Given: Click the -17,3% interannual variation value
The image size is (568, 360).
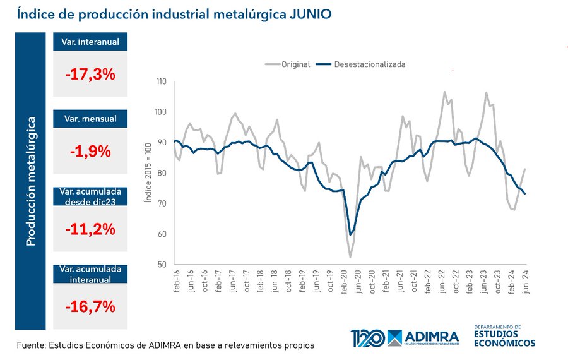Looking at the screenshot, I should click(x=90, y=75).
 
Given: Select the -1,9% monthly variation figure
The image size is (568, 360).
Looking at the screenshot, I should click(x=90, y=152).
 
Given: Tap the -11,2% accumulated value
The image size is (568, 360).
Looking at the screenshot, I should click(x=90, y=229).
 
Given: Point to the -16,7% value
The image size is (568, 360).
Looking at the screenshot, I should click(x=90, y=308).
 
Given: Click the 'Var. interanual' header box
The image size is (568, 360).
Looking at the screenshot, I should click(x=90, y=42).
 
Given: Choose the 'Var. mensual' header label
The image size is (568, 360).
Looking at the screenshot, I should click(x=90, y=119).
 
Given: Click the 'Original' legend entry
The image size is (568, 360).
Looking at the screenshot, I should click(x=287, y=64).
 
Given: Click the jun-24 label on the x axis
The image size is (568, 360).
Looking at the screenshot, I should click(x=525, y=281).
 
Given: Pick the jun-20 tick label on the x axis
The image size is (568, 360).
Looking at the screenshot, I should click(x=358, y=281).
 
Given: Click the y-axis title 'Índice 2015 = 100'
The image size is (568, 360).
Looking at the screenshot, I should click(x=146, y=173).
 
